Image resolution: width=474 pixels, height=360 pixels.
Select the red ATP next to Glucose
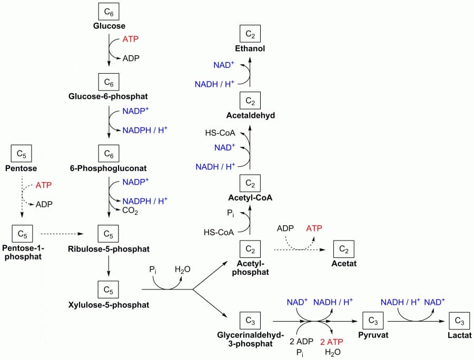pyautogui.click(x=131, y=39)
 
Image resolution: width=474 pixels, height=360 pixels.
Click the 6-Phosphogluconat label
pyautogui.click(x=107, y=168)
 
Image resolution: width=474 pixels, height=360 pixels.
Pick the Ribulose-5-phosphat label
pyautogui.click(x=108, y=248)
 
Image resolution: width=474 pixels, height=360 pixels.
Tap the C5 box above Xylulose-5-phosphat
pyautogui.click(x=108, y=289)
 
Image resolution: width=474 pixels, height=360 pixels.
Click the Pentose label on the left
pyautogui.click(x=21, y=168)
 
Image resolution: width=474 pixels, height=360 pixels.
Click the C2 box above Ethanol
pyautogui.click(x=250, y=35)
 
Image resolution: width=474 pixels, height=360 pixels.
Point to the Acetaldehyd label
pyautogui.click(x=250, y=115)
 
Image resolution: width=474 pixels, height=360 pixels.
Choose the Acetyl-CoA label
pyautogui.click(x=250, y=198)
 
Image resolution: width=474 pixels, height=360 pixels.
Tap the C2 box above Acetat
pyautogui.click(x=343, y=247)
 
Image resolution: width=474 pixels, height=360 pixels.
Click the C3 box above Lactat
pyautogui.click(x=459, y=319)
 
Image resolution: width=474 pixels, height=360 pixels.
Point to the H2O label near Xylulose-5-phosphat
pyautogui.click(x=183, y=269)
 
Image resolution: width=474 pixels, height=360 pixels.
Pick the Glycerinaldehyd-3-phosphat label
pyautogui.click(x=250, y=339)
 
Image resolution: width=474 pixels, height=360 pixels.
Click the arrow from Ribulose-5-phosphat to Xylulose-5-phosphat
pyautogui.click(x=108, y=266)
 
